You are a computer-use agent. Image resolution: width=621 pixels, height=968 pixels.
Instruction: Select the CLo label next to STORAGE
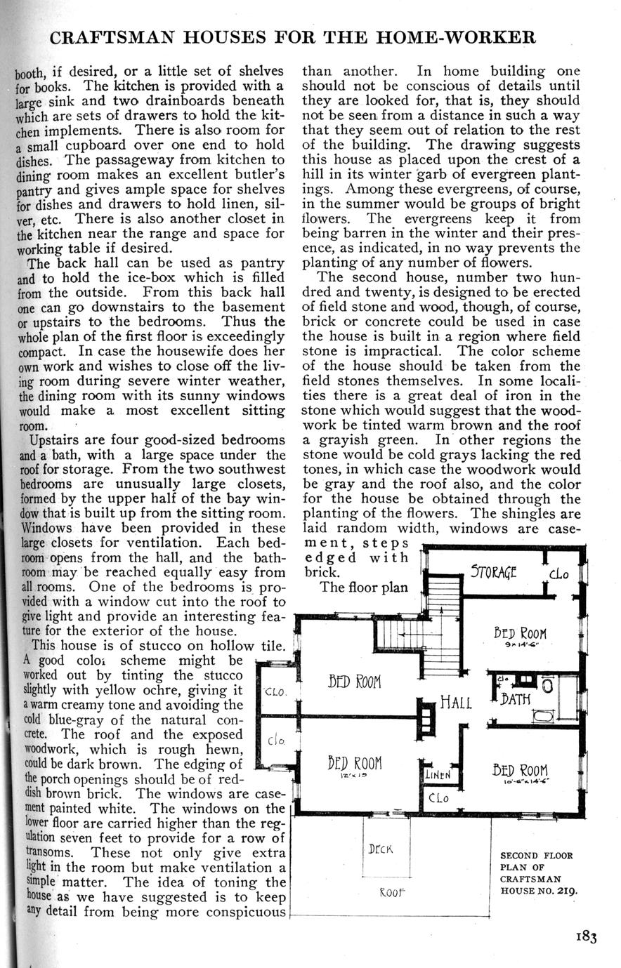pos(560,575)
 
